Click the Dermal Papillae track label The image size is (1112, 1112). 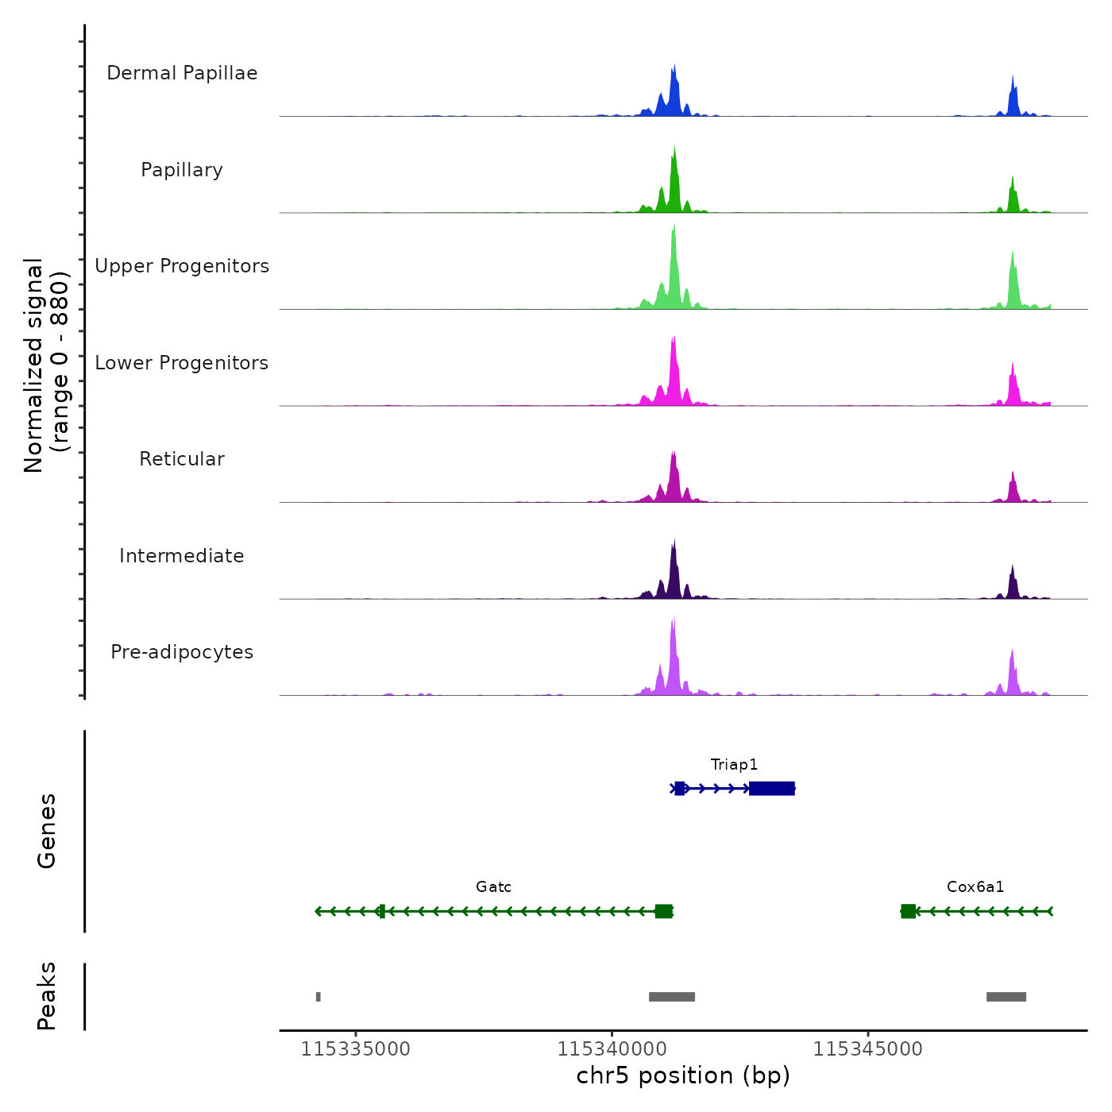coord(182,73)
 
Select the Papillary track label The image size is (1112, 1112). coord(182,170)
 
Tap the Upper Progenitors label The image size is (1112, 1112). coord(182,266)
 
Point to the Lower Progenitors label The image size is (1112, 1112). coord(182,363)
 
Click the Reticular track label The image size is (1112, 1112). coord(182,459)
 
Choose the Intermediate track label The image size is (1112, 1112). coord(182,556)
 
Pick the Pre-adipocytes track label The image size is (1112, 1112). coord(182,652)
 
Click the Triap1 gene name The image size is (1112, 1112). coord(734,765)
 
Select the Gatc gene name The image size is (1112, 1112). coord(493,887)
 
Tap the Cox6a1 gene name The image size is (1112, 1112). coord(975,887)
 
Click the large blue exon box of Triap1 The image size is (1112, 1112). coord(771,789)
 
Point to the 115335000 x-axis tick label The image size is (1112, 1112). coord(356,1049)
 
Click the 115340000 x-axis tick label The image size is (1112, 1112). coord(612,1049)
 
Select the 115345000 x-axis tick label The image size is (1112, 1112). coord(868,1049)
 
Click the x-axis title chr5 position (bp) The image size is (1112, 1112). coord(683,1075)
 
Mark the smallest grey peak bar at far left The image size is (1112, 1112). coord(319,997)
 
